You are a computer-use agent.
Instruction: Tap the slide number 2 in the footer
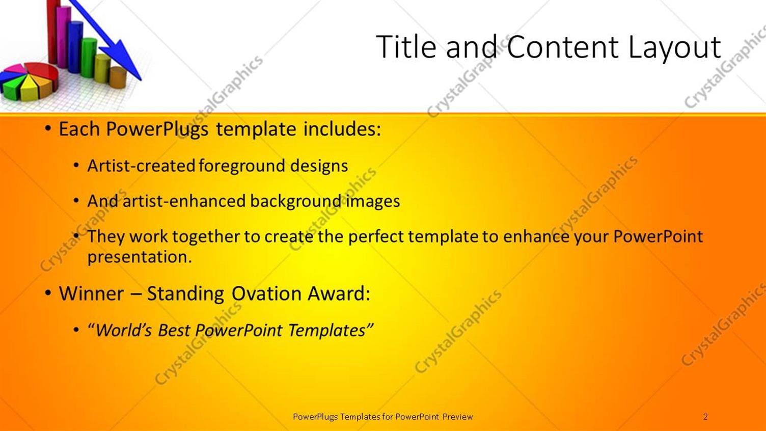click(x=705, y=416)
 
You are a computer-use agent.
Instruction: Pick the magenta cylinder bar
click(x=63, y=37)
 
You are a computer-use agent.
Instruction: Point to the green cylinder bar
click(x=89, y=58)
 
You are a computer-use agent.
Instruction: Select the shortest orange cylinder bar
click(x=118, y=77)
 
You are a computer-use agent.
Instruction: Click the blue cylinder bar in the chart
click(x=75, y=47)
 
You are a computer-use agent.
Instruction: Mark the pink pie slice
click(x=14, y=68)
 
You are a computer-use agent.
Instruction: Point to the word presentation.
click(x=140, y=257)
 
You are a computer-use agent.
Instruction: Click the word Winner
click(x=91, y=293)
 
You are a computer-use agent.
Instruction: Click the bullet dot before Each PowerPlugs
click(x=48, y=129)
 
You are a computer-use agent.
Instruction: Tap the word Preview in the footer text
click(x=458, y=417)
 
